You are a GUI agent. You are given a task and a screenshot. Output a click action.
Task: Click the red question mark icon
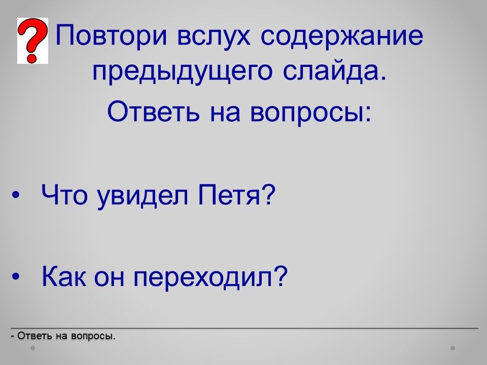click(x=32, y=41)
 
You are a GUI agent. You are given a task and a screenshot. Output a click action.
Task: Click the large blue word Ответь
click(x=153, y=111)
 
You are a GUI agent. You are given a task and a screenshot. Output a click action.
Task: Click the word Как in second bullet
click(x=64, y=276)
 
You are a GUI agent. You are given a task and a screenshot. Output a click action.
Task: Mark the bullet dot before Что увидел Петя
click(x=16, y=196)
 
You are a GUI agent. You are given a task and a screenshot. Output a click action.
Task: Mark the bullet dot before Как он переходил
click(x=16, y=276)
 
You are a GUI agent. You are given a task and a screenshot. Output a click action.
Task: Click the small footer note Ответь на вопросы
click(x=63, y=336)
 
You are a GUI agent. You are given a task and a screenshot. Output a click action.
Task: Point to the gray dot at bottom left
click(x=32, y=348)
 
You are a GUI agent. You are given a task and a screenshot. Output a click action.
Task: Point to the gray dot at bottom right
click(x=453, y=348)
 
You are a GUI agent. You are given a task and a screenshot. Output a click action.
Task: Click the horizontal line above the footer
click(x=245, y=328)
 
